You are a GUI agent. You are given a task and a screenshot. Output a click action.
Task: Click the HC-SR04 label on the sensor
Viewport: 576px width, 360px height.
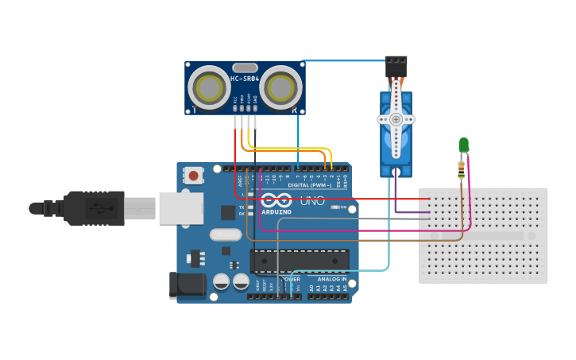click(245, 79)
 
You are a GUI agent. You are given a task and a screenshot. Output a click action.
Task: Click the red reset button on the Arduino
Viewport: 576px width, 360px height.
click(193, 174)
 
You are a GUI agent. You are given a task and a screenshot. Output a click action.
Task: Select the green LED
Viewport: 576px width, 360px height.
click(464, 145)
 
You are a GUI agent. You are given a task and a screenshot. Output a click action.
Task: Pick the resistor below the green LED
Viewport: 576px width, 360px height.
click(461, 168)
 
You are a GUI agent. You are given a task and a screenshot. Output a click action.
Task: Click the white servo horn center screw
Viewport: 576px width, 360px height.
click(396, 119)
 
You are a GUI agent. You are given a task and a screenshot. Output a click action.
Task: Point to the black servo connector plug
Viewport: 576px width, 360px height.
click(396, 65)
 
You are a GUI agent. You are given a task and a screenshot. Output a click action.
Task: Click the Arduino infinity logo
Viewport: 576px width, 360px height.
click(275, 201)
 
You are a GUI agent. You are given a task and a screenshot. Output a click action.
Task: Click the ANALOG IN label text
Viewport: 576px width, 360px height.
click(331, 280)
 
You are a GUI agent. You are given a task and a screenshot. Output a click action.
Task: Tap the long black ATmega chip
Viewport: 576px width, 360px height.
click(300, 261)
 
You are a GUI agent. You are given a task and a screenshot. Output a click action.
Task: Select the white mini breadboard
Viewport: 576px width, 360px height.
click(483, 235)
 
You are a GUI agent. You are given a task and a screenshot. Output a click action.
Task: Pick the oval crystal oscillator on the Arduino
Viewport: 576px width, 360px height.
click(226, 234)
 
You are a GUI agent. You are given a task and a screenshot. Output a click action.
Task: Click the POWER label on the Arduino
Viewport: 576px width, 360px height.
click(291, 280)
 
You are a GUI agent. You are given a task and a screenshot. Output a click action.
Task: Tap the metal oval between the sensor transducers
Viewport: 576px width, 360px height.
click(245, 68)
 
